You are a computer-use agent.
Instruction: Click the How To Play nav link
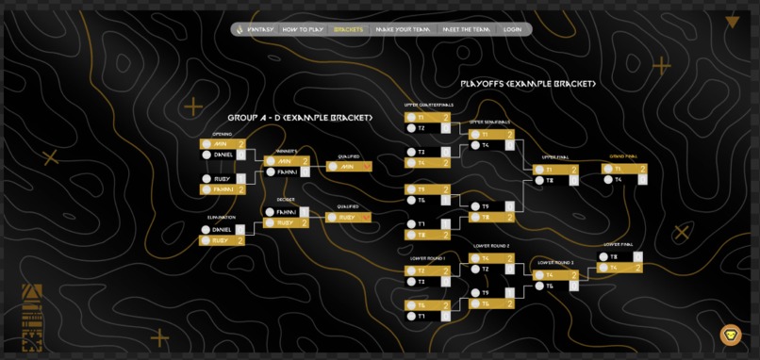coord(302,29)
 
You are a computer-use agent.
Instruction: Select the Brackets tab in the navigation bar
coord(348,29)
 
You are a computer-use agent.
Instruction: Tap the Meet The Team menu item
coord(466,29)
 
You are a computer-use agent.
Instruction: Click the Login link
coord(512,29)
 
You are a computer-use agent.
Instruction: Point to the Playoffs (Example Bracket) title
coord(528,83)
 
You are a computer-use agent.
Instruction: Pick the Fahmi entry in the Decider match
coord(287,212)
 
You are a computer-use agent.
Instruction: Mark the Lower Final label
coord(618,245)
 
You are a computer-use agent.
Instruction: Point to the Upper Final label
coord(555,157)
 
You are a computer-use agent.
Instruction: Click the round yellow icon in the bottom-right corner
coord(731,335)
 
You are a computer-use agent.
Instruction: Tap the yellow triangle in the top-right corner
coord(732,22)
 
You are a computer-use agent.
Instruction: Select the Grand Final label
coord(623,156)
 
